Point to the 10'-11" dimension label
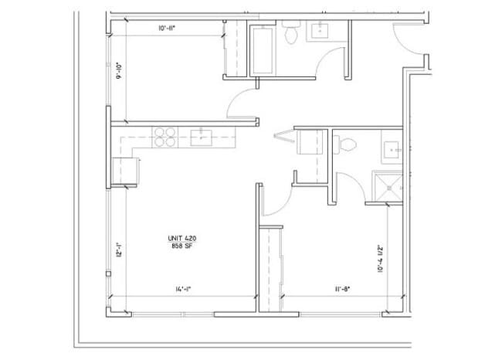[168, 29]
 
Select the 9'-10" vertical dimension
[118, 72]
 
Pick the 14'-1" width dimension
[183, 289]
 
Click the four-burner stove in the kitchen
[165, 138]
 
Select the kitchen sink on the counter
[203, 138]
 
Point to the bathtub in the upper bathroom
[262, 49]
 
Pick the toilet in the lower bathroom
[345, 144]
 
